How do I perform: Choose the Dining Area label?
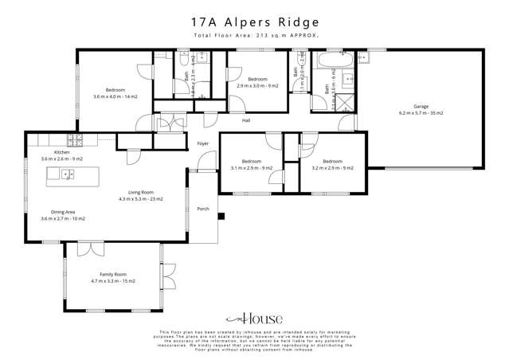[63, 211]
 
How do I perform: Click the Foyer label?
[203, 143]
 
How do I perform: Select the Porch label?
[202, 209]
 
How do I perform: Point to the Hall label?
[247, 121]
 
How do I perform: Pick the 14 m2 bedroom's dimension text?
[116, 96]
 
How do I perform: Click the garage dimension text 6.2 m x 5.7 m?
[421, 113]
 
